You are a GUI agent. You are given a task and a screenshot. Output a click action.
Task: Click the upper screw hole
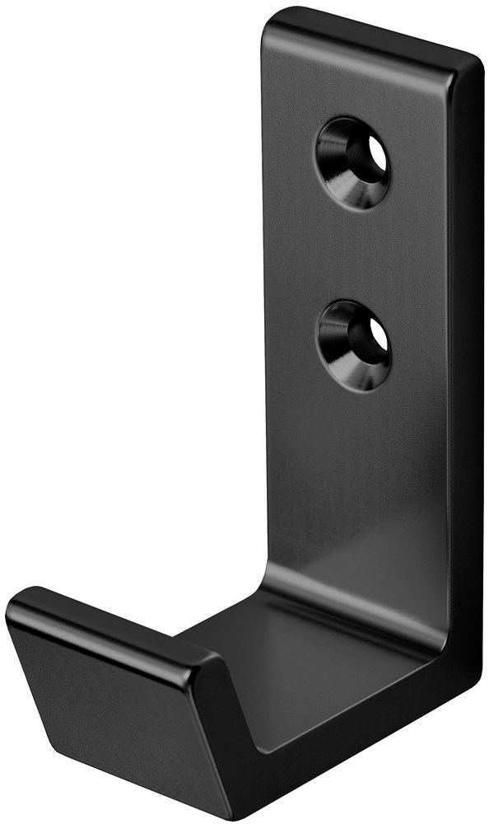coord(352,162)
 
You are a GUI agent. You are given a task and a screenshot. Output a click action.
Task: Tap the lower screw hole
coord(353,344)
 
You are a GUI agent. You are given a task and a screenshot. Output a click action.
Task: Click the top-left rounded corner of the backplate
coord(272,20)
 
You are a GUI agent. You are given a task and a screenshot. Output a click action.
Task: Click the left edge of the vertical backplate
coord(267,330)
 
